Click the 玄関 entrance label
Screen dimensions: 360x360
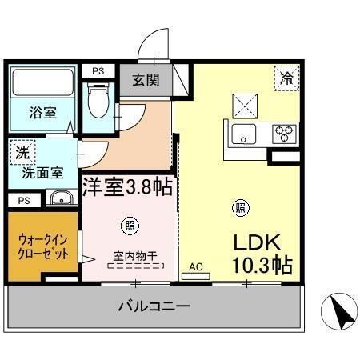[x=146, y=80]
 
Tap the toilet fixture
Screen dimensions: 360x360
[x=99, y=101]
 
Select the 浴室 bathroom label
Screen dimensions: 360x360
[x=44, y=113]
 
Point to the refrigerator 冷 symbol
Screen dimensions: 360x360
[x=286, y=78]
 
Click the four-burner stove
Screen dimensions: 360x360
[x=282, y=134]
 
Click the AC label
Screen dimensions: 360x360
[x=195, y=266]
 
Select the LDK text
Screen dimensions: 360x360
[x=258, y=242]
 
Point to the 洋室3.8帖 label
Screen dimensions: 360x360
[x=127, y=187]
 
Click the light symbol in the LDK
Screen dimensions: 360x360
[x=238, y=208]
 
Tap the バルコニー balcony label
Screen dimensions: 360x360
[x=154, y=306]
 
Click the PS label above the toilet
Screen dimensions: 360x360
[x=98, y=71]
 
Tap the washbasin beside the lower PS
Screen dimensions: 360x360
[x=59, y=198]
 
